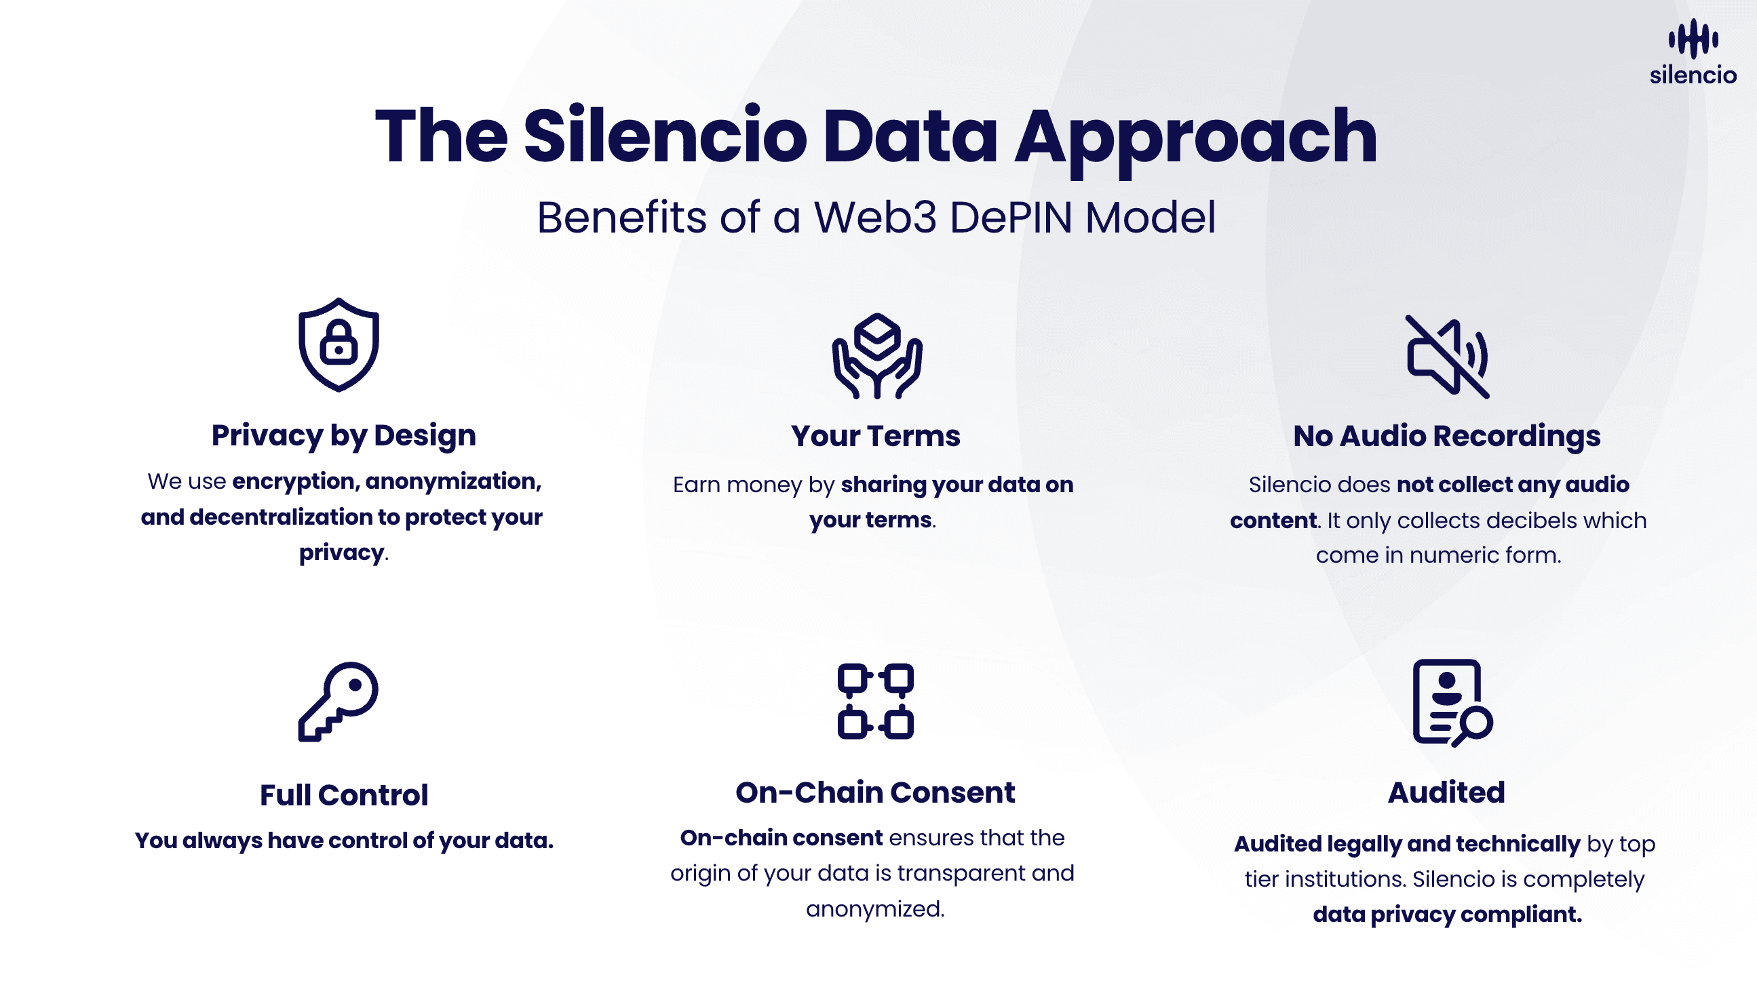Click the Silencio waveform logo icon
(x=1693, y=39)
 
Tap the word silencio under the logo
(x=1693, y=75)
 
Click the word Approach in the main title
(x=1195, y=138)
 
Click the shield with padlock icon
(x=339, y=345)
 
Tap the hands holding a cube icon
(x=877, y=356)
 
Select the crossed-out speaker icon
(x=1448, y=356)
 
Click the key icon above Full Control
(x=339, y=701)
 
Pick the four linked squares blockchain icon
(x=876, y=701)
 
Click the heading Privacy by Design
(x=344, y=436)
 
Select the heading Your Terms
(x=876, y=437)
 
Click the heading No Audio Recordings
(x=1447, y=437)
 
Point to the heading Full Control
(x=344, y=795)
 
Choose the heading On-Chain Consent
(x=875, y=792)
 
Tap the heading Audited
(x=1446, y=792)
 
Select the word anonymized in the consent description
(x=875, y=908)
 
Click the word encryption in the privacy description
(x=295, y=482)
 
